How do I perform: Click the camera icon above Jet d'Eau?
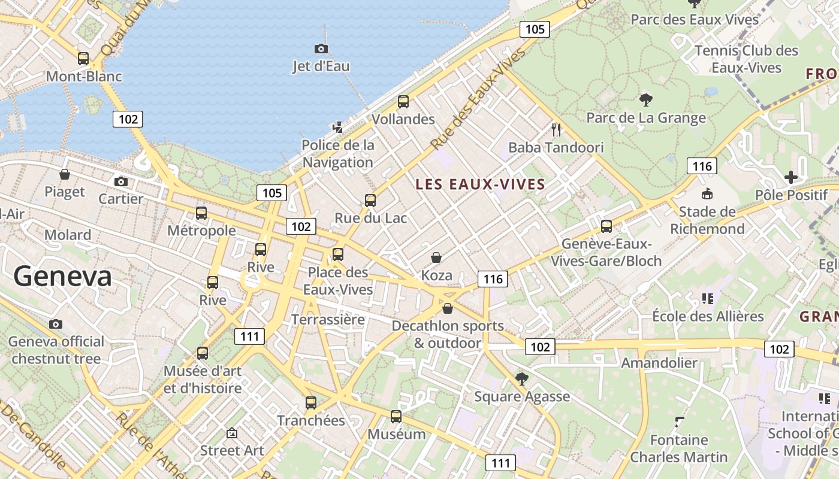coord(321,49)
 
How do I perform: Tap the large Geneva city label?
coord(62,277)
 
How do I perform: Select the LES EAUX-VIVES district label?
coord(481,184)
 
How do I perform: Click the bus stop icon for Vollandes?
coord(403,102)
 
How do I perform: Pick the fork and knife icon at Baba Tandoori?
coord(556,129)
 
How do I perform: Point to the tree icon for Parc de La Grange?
coord(645,99)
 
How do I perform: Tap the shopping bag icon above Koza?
coord(436,258)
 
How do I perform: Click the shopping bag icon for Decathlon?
coord(448,309)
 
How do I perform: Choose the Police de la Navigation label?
coord(338,153)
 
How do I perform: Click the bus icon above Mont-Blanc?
coord(83,59)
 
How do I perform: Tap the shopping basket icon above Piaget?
coord(65,174)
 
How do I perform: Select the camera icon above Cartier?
coord(121,181)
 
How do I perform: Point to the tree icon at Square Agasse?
coord(522,378)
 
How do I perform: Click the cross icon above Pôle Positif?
coord(791,177)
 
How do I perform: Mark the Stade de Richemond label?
coord(707,220)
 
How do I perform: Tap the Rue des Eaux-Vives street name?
coord(478,99)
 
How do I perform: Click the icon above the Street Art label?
coord(232,433)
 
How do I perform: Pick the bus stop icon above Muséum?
coord(396,417)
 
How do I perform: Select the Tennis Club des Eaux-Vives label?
coord(746,59)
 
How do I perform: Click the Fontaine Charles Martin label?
coord(679,448)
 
